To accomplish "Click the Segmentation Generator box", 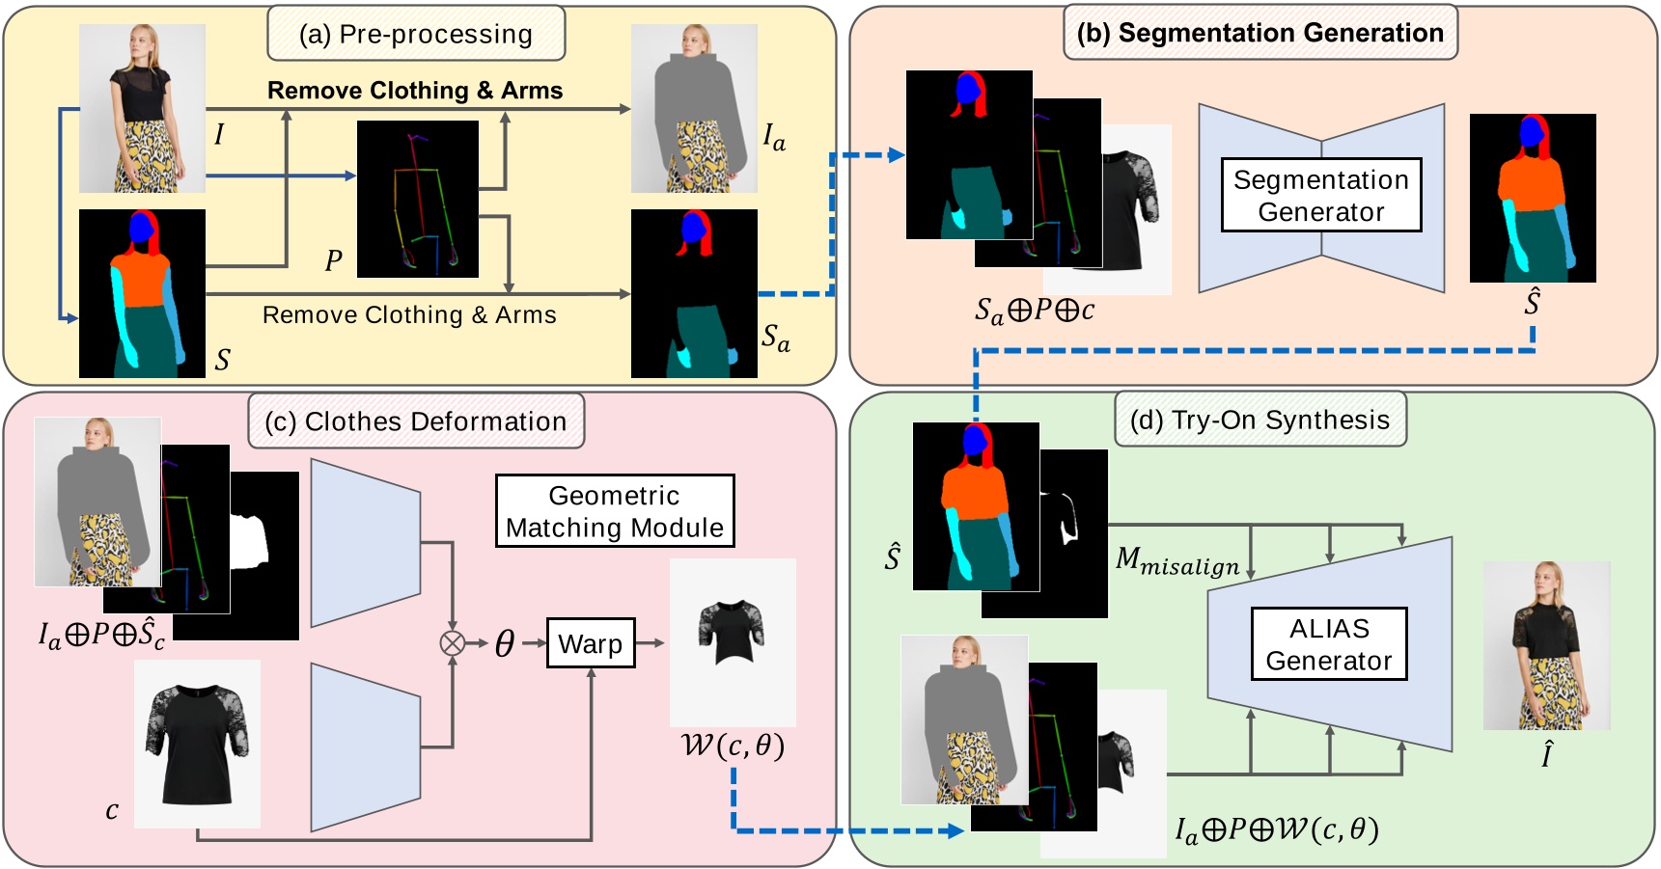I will click(x=1320, y=195).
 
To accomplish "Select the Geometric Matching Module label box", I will click(x=615, y=511).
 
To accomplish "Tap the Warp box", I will click(x=591, y=643).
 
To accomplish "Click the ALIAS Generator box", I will click(x=1328, y=644).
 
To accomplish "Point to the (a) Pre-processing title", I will click(x=416, y=34).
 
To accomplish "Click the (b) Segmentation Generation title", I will click(x=1260, y=33).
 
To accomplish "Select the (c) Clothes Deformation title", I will click(x=416, y=421).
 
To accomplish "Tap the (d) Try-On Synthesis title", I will click(x=1260, y=420).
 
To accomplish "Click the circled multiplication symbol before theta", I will click(x=452, y=643).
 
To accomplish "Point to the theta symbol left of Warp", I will click(x=504, y=643).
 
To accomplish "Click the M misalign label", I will click(x=1177, y=561).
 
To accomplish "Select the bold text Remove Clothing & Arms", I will click(x=415, y=91).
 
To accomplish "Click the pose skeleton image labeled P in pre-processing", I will click(x=417, y=199).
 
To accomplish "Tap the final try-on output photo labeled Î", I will click(x=1546, y=645).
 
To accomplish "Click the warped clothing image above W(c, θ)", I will click(x=733, y=641).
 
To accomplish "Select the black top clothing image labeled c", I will click(x=197, y=744).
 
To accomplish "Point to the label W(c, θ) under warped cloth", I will click(x=733, y=746).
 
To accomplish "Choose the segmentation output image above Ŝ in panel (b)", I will click(x=1532, y=198).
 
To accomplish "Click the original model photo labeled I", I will click(x=142, y=108).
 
